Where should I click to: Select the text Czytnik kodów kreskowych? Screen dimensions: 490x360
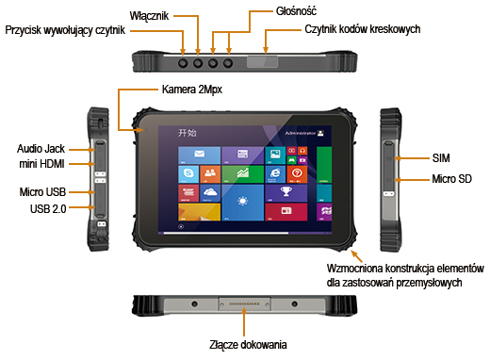click(363, 30)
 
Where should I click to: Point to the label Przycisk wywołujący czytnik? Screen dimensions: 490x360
click(65, 30)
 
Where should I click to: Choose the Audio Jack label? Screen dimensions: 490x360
click(41, 149)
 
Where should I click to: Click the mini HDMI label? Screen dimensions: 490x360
click(41, 165)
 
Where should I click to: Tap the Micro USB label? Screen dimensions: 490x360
click(41, 191)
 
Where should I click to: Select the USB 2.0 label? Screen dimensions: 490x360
click(46, 207)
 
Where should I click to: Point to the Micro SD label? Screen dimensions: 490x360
click(449, 178)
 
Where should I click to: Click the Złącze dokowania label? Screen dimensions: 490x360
click(246, 345)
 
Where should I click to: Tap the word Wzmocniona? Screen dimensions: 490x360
click(354, 266)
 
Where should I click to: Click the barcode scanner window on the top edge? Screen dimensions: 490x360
click(256, 63)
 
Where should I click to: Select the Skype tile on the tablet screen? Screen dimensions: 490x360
click(188, 173)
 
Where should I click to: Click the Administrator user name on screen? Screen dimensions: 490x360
click(299, 134)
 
